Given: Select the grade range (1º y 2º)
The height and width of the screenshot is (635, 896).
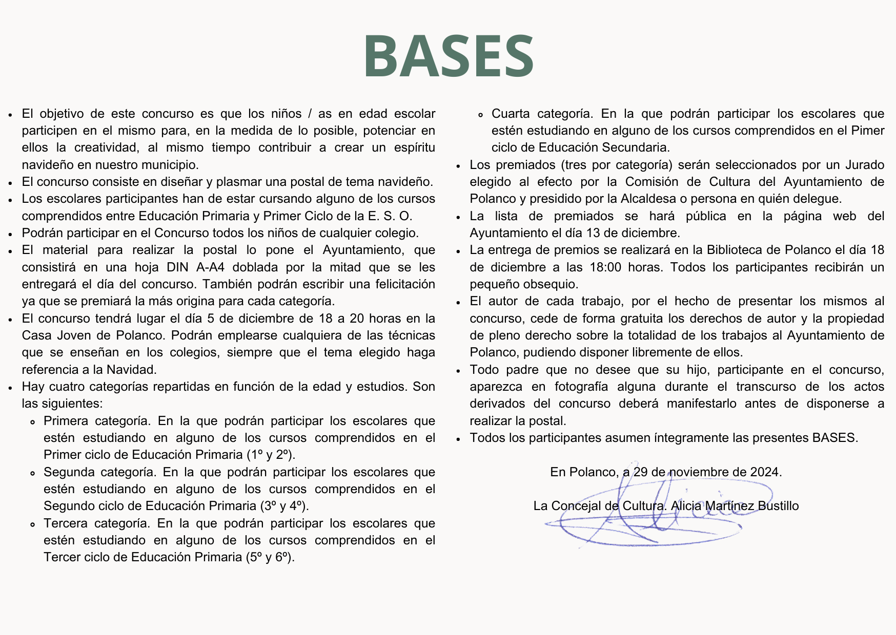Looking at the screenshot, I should (x=271, y=455).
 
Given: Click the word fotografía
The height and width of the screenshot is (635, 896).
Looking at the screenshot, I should (x=586, y=387).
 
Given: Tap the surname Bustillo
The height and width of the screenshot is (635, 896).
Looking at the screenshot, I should (x=778, y=506).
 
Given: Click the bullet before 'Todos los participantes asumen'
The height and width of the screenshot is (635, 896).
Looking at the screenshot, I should (x=458, y=438).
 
